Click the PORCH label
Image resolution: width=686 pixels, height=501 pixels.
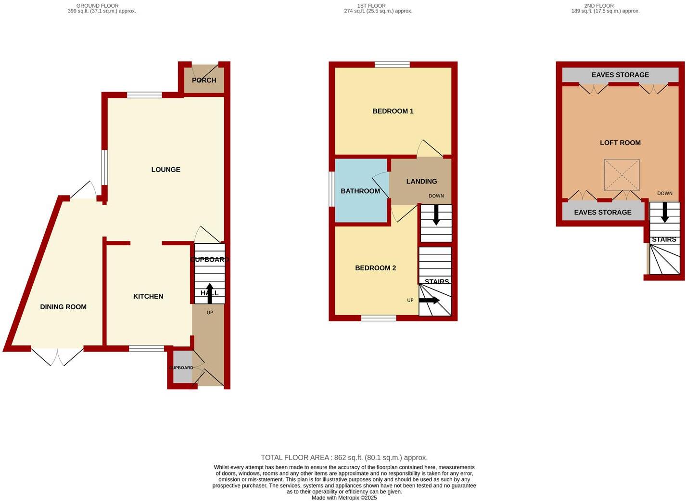point(204,80)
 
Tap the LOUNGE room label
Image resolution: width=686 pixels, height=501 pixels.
point(165,170)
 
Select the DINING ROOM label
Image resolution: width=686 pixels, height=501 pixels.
point(63,307)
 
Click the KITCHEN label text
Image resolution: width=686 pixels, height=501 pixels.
point(148,296)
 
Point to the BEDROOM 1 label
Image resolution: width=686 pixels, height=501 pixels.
point(393,111)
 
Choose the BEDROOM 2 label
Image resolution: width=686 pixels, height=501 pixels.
point(375,268)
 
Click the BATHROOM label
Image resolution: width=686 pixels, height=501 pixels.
point(360,191)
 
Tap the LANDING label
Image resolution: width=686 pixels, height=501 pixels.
point(421,182)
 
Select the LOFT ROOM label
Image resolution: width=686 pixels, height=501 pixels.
point(620,143)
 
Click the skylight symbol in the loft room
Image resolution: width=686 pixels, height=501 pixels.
point(622,174)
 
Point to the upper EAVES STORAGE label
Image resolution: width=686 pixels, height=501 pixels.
point(620,75)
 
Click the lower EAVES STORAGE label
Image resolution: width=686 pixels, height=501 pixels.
point(603,212)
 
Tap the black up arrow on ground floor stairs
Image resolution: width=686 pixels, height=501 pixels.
point(210,293)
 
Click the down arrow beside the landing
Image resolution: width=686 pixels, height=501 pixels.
point(436,215)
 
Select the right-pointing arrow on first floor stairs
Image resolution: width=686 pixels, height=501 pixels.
point(429,300)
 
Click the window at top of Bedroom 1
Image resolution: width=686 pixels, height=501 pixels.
point(392,65)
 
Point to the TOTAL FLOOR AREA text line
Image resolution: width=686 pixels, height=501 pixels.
point(344,458)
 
